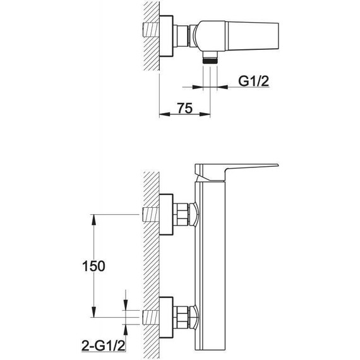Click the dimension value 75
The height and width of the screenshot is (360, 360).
pyautogui.click(x=184, y=109)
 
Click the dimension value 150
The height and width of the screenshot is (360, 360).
pyautogui.click(x=93, y=266)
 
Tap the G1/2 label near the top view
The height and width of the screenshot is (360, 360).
pyautogui.click(x=253, y=81)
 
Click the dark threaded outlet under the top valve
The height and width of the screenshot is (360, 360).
pyautogui.click(x=210, y=61)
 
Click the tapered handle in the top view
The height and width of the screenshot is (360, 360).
pyautogui.click(x=252, y=36)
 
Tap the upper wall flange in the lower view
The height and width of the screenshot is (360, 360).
pyautogui.click(x=166, y=215)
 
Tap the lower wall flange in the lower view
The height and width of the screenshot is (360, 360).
pyautogui.click(x=166, y=318)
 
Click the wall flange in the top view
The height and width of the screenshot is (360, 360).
pyautogui.click(x=166, y=36)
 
